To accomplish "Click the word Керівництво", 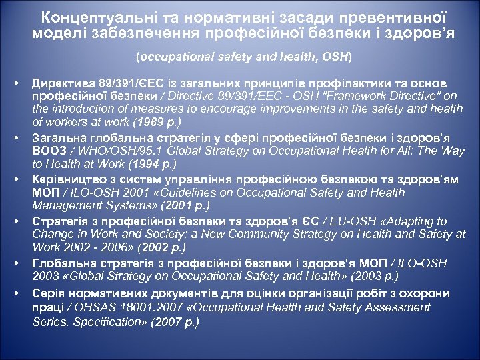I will pyautogui.click(x=67, y=180).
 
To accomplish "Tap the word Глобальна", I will pyautogui.click(x=62, y=262).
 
